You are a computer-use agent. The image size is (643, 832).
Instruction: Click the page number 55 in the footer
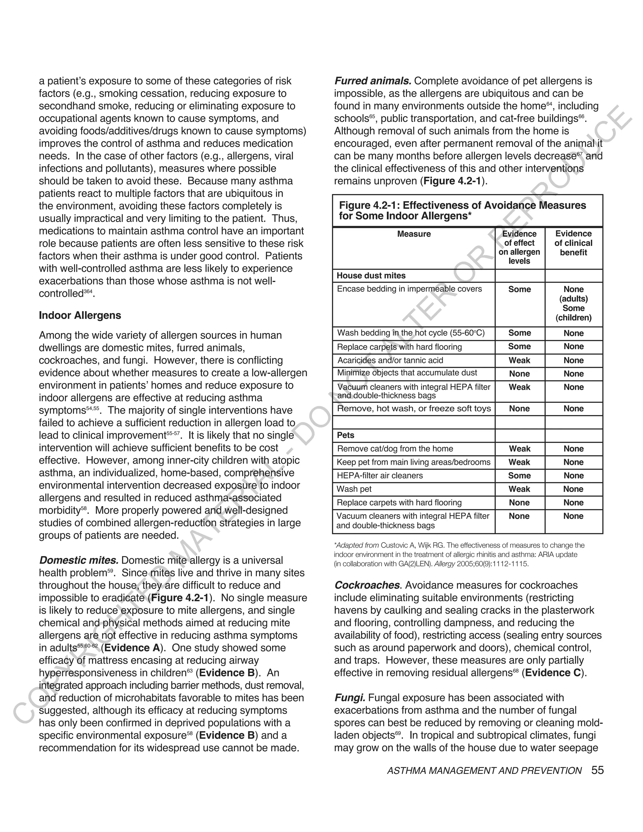(597, 770)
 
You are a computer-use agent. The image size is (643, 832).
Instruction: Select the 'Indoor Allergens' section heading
(80, 316)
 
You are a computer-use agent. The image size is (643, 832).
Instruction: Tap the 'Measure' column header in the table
(414, 234)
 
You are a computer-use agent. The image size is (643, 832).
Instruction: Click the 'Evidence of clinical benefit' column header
(573, 243)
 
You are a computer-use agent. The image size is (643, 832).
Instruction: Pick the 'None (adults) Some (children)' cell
(573, 303)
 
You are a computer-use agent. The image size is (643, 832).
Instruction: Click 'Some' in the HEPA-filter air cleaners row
(519, 475)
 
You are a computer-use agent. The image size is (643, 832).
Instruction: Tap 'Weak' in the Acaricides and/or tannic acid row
(519, 360)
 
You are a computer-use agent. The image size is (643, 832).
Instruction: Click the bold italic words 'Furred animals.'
(373, 81)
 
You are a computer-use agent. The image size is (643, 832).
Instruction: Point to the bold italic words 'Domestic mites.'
(79, 560)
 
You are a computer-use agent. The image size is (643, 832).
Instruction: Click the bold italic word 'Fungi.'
(350, 698)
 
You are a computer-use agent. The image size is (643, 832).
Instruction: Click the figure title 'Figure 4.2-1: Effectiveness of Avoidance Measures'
(462, 206)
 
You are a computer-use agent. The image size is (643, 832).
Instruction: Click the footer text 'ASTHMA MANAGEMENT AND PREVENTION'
(484, 771)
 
